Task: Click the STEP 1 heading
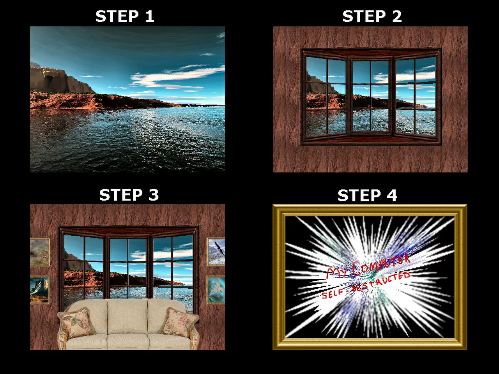click(x=125, y=16)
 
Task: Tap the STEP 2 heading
click(x=372, y=16)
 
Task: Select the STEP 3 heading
click(x=129, y=195)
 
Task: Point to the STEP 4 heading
click(x=367, y=195)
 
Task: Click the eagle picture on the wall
click(x=216, y=251)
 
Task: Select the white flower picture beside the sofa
click(x=216, y=290)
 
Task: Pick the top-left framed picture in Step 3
click(x=40, y=252)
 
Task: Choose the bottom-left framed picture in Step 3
click(x=39, y=290)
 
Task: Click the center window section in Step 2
click(x=371, y=95)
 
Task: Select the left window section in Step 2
click(x=326, y=96)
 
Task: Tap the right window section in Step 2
click(x=416, y=96)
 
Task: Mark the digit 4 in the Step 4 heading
click(x=391, y=195)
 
